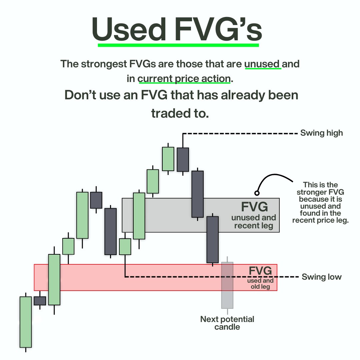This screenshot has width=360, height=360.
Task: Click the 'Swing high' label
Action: click(x=321, y=133)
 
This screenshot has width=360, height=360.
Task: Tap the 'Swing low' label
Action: click(x=321, y=277)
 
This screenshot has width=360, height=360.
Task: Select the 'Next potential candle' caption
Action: click(x=227, y=323)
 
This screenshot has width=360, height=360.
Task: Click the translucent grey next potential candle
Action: click(x=227, y=285)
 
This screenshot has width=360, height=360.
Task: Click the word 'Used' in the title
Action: click(x=129, y=30)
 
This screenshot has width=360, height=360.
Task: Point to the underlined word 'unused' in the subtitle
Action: click(x=263, y=64)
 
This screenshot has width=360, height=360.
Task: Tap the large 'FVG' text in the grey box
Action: click(x=254, y=207)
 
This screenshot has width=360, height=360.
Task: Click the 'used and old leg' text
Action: click(x=260, y=284)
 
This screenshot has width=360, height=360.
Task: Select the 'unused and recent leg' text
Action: click(x=254, y=222)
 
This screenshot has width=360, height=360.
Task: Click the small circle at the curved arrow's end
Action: click(x=257, y=193)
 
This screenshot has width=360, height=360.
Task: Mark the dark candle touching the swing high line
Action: click(x=183, y=160)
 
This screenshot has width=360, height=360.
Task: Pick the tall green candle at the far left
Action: click(x=26, y=322)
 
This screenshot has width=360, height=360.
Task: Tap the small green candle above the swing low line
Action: click(x=125, y=246)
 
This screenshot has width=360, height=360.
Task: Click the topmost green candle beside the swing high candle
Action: click(x=168, y=159)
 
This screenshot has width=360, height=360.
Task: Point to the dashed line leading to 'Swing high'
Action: click(x=240, y=133)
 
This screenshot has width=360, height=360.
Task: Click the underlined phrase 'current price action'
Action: click(x=184, y=79)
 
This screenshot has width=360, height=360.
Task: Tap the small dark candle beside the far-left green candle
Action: click(x=40, y=301)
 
